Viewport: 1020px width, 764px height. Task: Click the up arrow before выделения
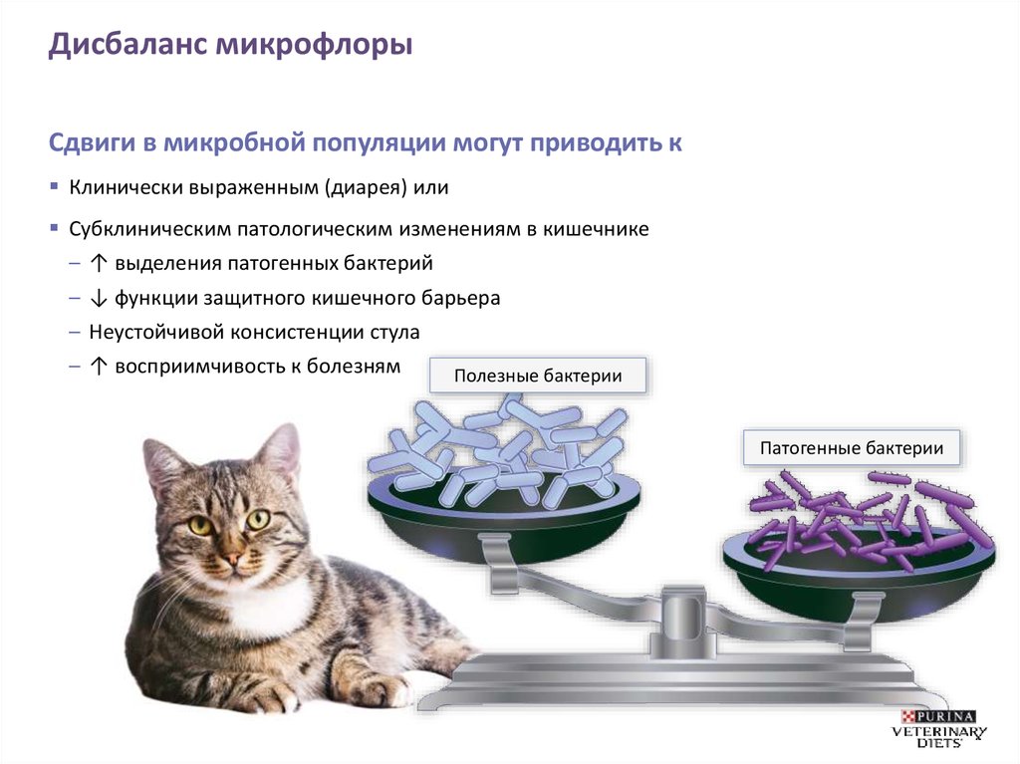click(98, 264)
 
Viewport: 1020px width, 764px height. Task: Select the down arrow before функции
click(98, 298)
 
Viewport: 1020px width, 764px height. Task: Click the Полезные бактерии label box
click(538, 377)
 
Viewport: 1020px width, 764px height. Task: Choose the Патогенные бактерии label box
click(852, 448)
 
